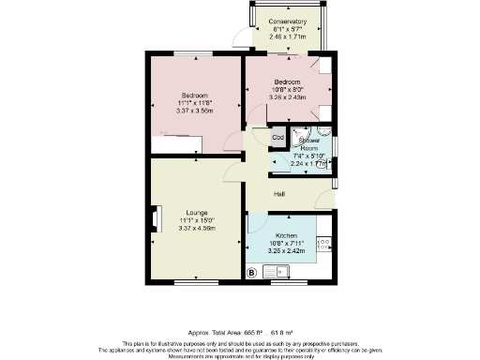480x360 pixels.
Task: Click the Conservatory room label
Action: click(286, 22)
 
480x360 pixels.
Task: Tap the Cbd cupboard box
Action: click(278, 138)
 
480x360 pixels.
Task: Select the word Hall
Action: click(279, 194)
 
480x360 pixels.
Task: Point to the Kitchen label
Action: click(287, 236)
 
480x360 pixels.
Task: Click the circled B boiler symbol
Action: click(251, 273)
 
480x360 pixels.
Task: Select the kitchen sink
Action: click(278, 272)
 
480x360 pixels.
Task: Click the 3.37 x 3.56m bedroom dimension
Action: click(196, 111)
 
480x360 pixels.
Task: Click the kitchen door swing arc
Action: click(255, 224)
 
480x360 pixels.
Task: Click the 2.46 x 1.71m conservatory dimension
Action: click(286, 37)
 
